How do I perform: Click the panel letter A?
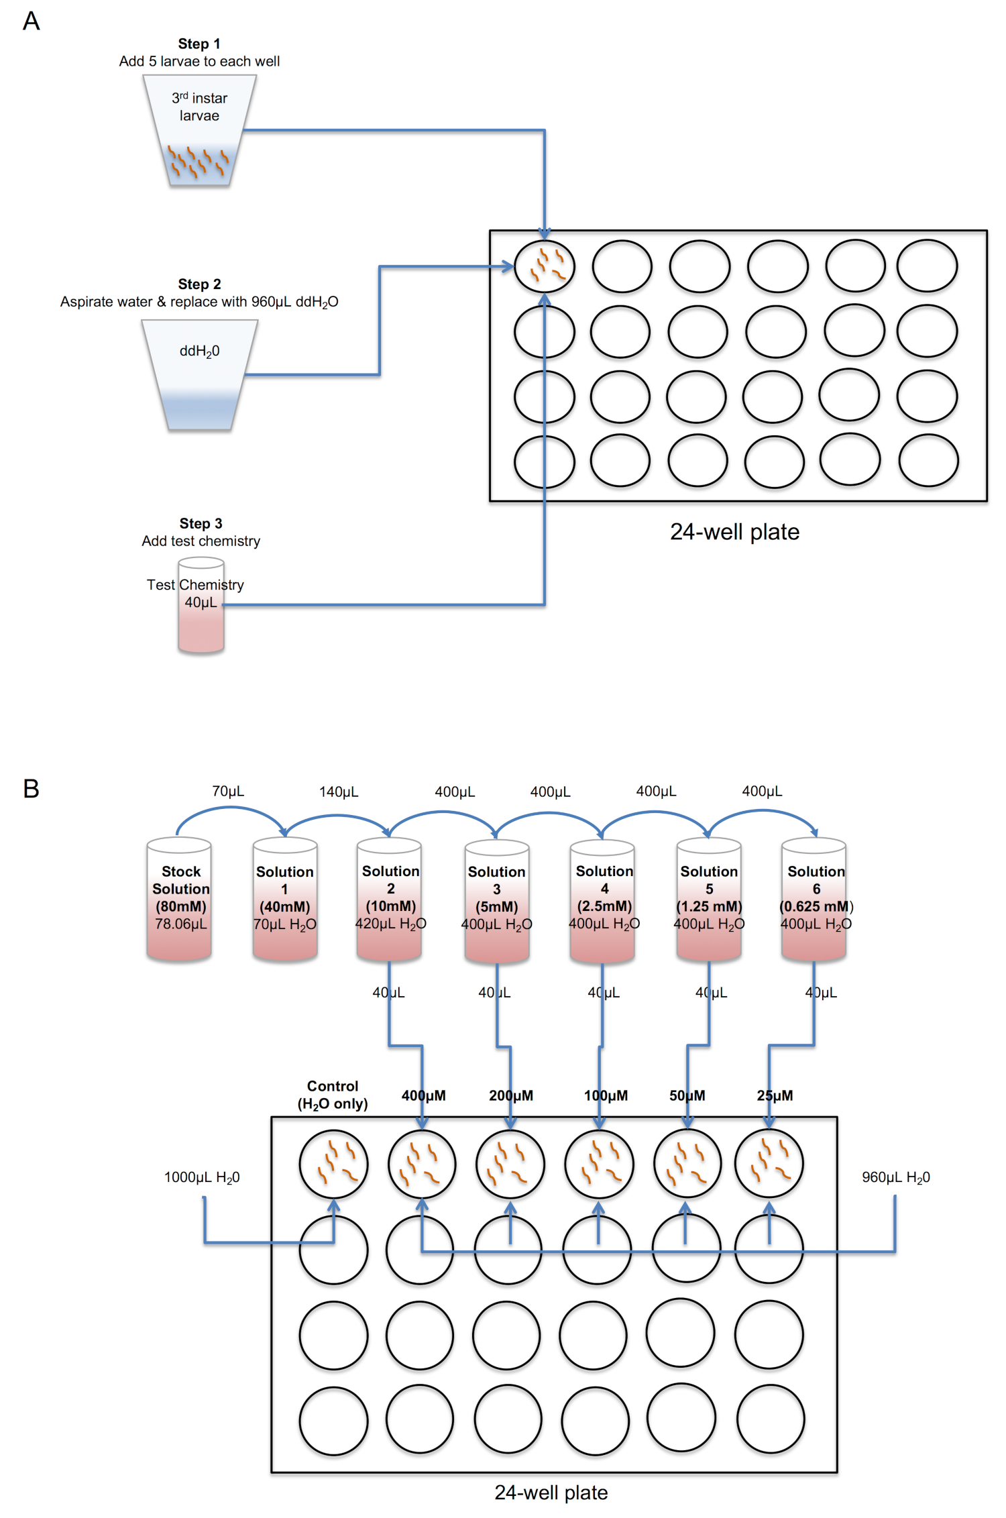pyautogui.click(x=31, y=21)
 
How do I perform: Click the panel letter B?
pyautogui.click(x=31, y=788)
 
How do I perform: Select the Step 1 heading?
pyautogui.click(x=199, y=44)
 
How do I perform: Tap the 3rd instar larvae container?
pyautogui.click(x=199, y=131)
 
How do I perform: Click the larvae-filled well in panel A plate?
pyautogui.click(x=545, y=266)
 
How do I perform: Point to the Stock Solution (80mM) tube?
pyautogui.click(x=180, y=899)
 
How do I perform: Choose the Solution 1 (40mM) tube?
pyautogui.click(x=285, y=899)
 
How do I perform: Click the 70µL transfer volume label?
pyautogui.click(x=228, y=792)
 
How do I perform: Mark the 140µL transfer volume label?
pyautogui.click(x=339, y=792)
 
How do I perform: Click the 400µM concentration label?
pyautogui.click(x=424, y=1095)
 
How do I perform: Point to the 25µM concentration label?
pyautogui.click(x=775, y=1095)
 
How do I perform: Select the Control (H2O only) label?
pyautogui.click(x=333, y=1095)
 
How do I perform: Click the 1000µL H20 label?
pyautogui.click(x=202, y=1177)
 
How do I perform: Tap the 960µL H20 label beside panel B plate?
pyautogui.click(x=896, y=1177)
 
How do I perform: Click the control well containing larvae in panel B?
pyautogui.click(x=333, y=1164)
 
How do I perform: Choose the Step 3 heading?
pyautogui.click(x=201, y=523)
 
